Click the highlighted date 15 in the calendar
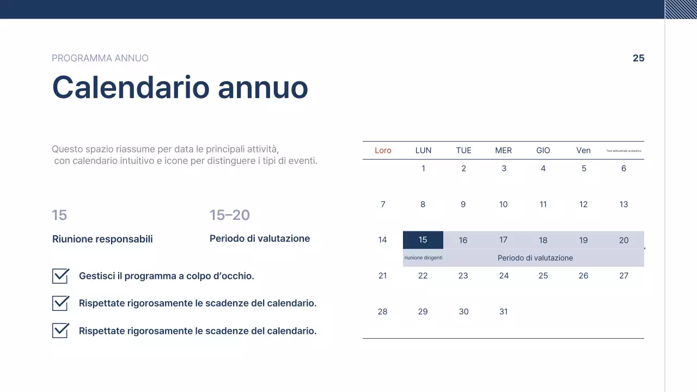[423, 240]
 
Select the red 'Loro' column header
[383, 150]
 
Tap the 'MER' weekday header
[503, 150]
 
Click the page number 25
[638, 58]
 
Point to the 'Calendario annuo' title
[180, 87]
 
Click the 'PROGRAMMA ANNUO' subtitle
[100, 58]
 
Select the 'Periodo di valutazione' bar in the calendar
[535, 258]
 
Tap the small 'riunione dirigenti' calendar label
[423, 258]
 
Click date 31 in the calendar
[503, 311]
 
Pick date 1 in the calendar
[423, 169]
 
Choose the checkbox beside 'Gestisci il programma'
[60, 276]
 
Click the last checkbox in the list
[60, 330]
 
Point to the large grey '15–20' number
[229, 215]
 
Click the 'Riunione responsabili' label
[102, 239]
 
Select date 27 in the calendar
[623, 275]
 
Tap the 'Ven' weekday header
[583, 150]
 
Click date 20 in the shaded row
[623, 240]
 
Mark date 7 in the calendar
[383, 204]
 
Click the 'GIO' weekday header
[543, 150]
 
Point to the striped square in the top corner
[681, 9]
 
